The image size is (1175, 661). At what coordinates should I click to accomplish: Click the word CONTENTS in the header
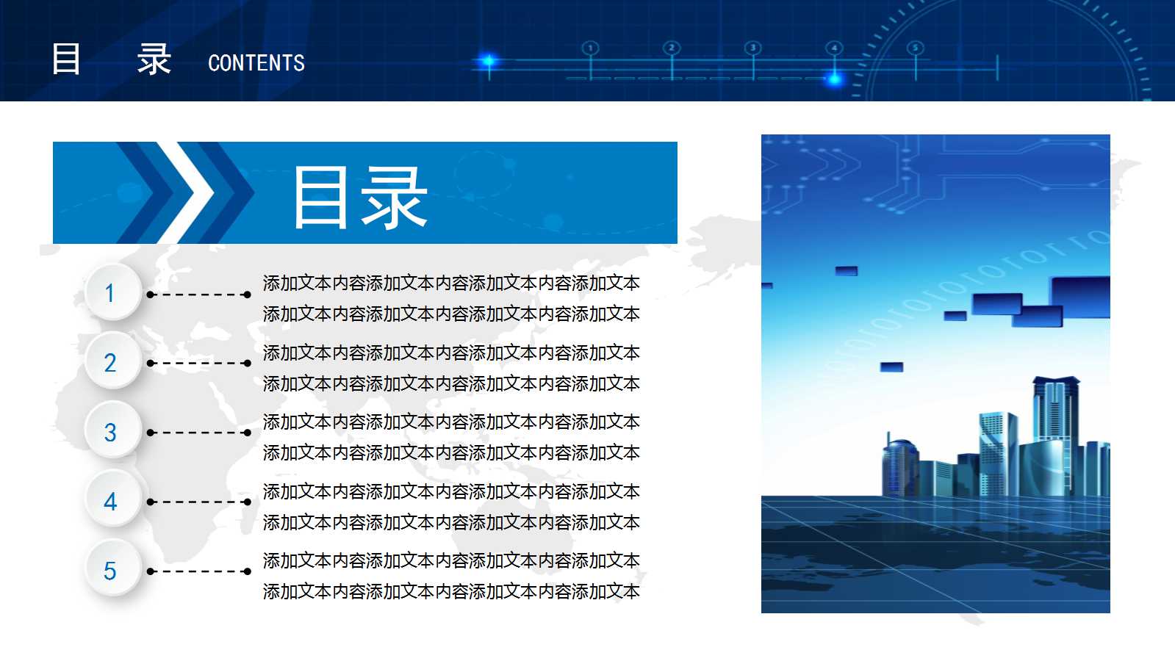tap(256, 63)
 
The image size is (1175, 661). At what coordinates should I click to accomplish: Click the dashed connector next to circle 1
tap(198, 295)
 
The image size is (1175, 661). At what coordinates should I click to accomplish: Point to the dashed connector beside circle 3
tap(198, 433)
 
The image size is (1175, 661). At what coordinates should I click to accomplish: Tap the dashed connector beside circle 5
tap(198, 571)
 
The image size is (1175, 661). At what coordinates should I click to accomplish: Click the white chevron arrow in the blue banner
tap(188, 192)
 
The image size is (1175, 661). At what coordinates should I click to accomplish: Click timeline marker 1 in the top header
tap(590, 48)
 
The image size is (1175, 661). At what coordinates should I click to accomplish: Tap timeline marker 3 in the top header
tap(752, 48)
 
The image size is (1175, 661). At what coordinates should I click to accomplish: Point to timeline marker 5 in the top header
tap(915, 48)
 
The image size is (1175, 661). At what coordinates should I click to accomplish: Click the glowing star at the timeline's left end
tap(488, 60)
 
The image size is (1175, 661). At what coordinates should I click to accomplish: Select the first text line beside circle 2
tap(451, 353)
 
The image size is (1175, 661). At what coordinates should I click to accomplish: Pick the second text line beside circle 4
tap(451, 523)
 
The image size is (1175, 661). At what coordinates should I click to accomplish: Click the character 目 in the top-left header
tap(66, 59)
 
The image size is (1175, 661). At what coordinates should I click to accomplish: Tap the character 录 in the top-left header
tap(154, 59)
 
